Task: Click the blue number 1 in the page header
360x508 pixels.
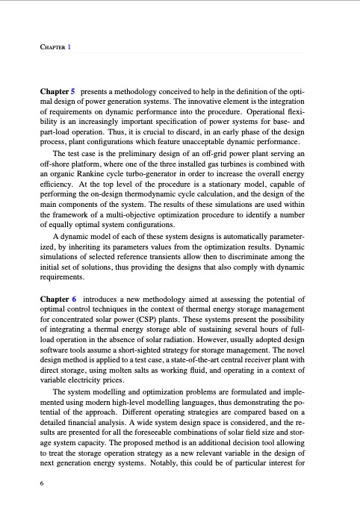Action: pyautogui.click(x=69, y=47)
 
